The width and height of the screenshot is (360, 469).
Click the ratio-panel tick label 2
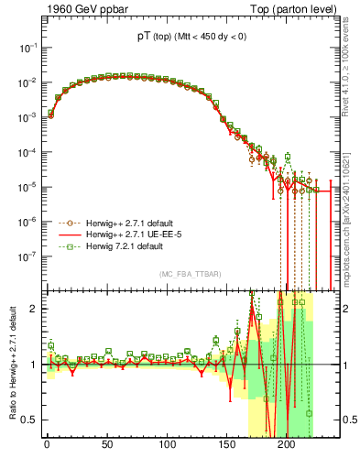[x=33, y=308]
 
